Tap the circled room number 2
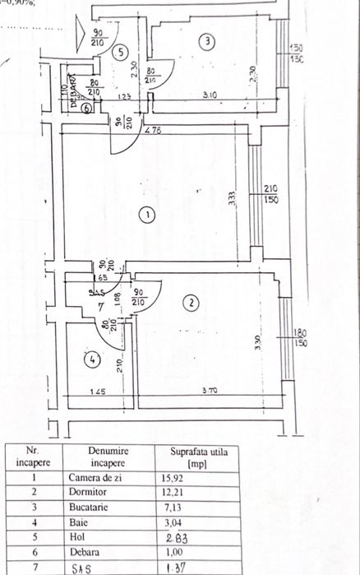click(191, 303)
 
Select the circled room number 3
click(209, 40)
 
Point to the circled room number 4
click(90, 359)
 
